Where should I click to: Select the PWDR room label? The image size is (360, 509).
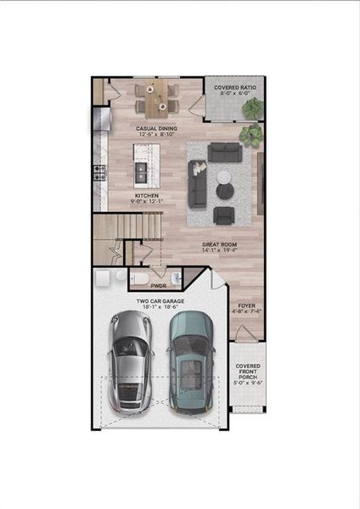click(158, 287)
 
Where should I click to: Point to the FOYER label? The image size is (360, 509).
click(246, 305)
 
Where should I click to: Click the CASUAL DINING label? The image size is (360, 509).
click(156, 129)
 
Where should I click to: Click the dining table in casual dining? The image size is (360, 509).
click(156, 98)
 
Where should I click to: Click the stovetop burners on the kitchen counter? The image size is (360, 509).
click(98, 175)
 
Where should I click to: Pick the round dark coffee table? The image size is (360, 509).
click(225, 176)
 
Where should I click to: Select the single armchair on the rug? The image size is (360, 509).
click(225, 215)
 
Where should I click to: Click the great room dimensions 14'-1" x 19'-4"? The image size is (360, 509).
click(220, 251)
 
